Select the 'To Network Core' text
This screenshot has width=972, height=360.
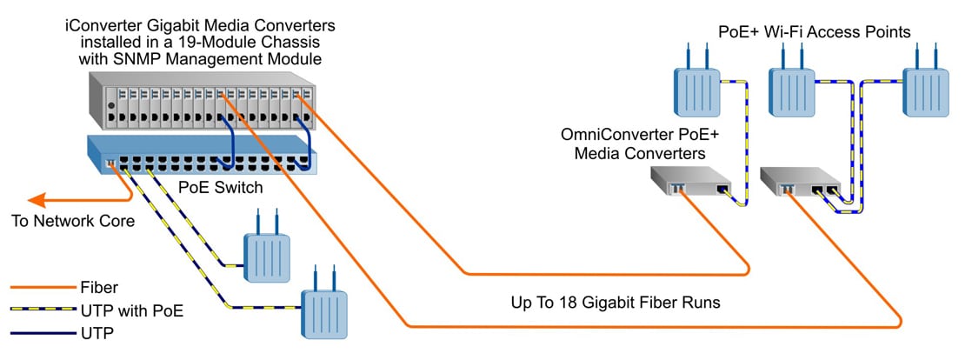coord(72,221)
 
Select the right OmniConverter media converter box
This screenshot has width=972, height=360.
coord(799,183)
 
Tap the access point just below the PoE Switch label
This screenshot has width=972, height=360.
coord(266,253)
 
